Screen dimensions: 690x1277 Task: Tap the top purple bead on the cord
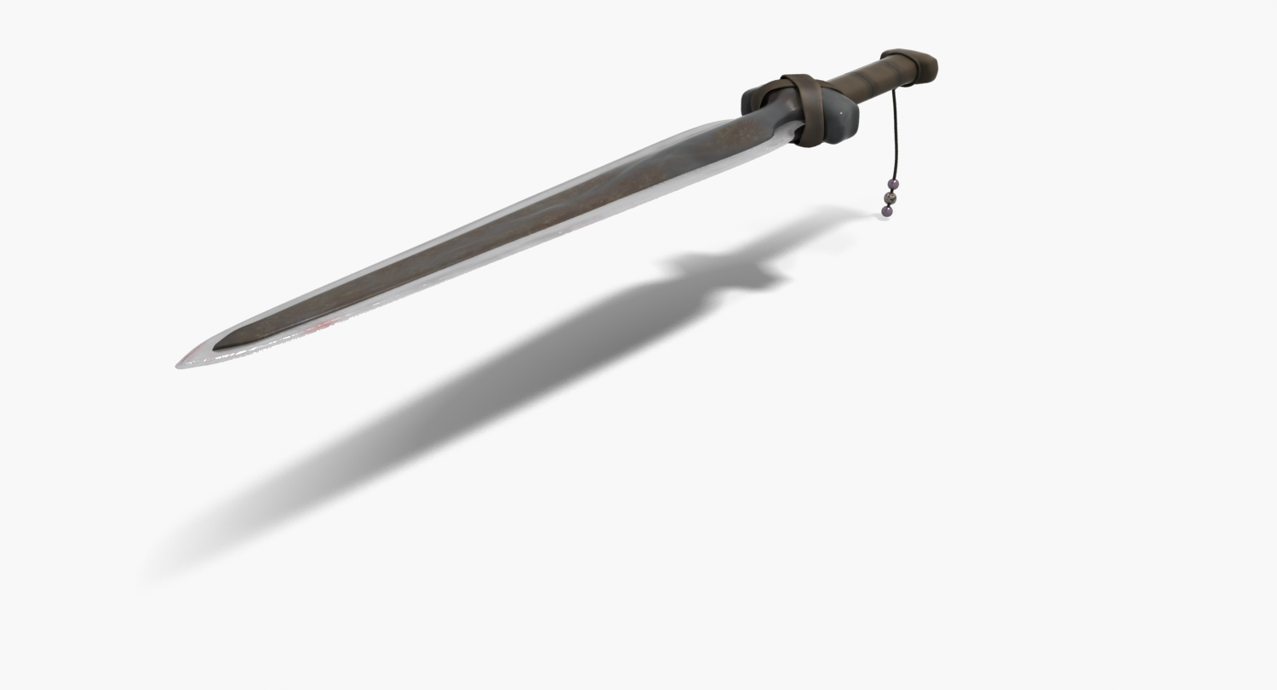click(x=893, y=184)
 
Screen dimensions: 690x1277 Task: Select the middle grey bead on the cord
click(x=891, y=197)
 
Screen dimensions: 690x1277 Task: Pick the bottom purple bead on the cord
click(x=887, y=210)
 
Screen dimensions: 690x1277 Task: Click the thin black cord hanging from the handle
click(x=895, y=136)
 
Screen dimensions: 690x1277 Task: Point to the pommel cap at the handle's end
click(x=914, y=65)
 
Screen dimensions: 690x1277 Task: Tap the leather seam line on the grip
click(x=860, y=82)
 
